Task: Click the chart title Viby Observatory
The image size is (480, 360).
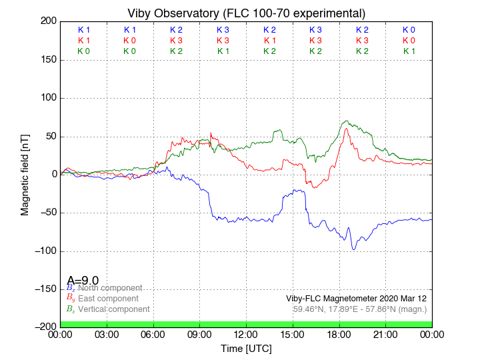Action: tap(246, 13)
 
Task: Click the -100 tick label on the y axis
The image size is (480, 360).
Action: tap(43, 251)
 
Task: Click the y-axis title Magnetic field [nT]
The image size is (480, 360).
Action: tap(25, 173)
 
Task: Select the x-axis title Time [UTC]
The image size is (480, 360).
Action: tap(246, 348)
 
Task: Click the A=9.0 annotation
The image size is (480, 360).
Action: tap(83, 281)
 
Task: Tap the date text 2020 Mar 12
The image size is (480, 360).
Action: tap(405, 299)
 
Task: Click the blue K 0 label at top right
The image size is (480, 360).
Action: tap(409, 30)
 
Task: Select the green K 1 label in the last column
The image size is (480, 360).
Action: tap(409, 51)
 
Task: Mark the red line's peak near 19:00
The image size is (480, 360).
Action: tap(346, 129)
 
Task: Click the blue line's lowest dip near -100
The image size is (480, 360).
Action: tap(354, 249)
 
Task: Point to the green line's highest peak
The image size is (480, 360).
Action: tap(345, 121)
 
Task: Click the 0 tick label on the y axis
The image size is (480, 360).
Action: tap(52, 174)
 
